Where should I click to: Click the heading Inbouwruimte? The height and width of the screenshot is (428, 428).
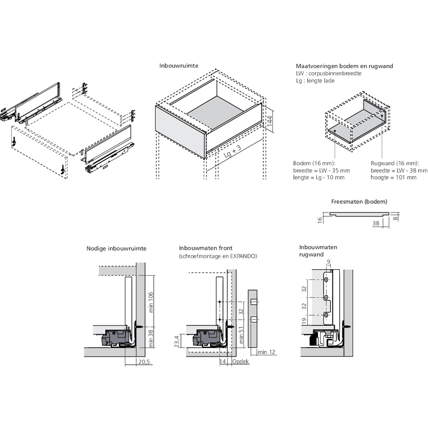pyautogui.click(x=178, y=66)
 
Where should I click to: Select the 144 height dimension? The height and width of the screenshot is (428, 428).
pyautogui.click(x=269, y=120)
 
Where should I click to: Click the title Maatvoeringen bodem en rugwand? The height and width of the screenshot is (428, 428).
pyautogui.click(x=344, y=66)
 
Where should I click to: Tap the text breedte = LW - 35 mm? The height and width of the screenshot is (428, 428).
pyautogui.click(x=321, y=170)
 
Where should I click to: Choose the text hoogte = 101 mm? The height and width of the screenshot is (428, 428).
pyautogui.click(x=393, y=177)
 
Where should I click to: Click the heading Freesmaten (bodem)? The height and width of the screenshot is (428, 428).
pyautogui.click(x=359, y=201)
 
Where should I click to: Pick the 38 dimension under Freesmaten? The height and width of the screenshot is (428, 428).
pyautogui.click(x=376, y=223)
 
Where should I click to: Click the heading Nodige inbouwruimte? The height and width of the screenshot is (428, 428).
pyautogui.click(x=116, y=248)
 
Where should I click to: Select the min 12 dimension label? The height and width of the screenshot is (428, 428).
pyautogui.click(x=266, y=352)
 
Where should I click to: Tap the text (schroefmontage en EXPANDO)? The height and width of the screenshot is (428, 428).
pyautogui.click(x=218, y=256)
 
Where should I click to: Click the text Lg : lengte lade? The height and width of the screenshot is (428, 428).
pyautogui.click(x=315, y=80)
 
